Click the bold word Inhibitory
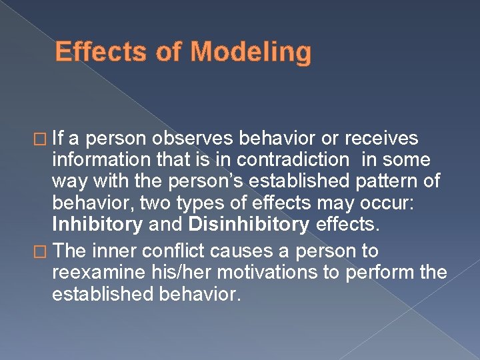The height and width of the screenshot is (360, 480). [x=97, y=225]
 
